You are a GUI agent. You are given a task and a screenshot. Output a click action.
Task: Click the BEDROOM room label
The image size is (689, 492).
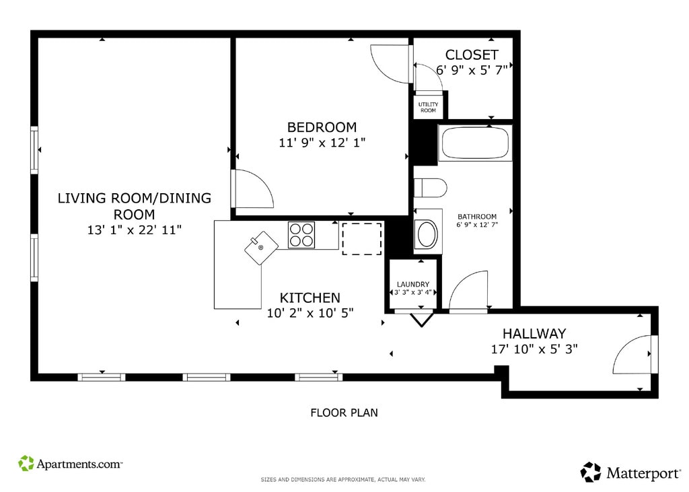pyautogui.click(x=322, y=127)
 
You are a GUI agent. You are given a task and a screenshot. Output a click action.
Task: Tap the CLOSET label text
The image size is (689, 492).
pyautogui.click(x=472, y=55)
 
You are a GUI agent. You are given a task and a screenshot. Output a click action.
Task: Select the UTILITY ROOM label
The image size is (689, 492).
pyautogui.click(x=428, y=107)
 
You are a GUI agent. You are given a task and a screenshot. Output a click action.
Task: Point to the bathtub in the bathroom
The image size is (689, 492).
pyautogui.click(x=475, y=143)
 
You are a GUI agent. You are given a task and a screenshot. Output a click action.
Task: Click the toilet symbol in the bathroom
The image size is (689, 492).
pyautogui.click(x=430, y=188)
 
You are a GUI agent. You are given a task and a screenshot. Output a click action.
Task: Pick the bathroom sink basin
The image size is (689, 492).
pyautogui.click(x=427, y=234)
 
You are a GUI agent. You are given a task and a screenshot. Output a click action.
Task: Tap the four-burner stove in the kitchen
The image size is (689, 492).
pyautogui.click(x=301, y=235)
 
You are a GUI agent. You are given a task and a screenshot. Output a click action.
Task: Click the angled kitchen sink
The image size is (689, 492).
pyautogui.click(x=262, y=248)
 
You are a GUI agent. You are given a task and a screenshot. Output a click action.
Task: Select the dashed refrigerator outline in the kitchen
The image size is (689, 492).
pyautogui.click(x=361, y=239)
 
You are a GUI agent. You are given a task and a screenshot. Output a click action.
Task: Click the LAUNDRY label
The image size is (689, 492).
pyautogui.click(x=412, y=285)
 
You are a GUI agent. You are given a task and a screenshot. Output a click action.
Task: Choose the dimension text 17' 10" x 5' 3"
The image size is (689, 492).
pyautogui.click(x=534, y=349)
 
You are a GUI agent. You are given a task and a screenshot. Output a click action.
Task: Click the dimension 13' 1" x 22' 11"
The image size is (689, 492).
pyautogui.click(x=135, y=230)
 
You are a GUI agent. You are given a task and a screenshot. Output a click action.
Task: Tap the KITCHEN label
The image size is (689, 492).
pyautogui.click(x=310, y=297)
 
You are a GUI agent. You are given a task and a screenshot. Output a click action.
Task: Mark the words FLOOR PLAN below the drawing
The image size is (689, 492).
pyautogui.click(x=344, y=413)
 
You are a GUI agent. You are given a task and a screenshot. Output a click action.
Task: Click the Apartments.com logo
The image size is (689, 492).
pyautogui.click(x=70, y=464)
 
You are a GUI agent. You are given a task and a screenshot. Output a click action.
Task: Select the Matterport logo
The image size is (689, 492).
pyautogui.click(x=630, y=472)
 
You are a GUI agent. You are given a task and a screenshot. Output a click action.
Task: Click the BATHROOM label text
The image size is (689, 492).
pyautogui.click(x=477, y=216)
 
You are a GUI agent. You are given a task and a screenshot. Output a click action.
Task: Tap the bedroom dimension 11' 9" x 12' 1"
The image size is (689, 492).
pyautogui.click(x=322, y=143)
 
